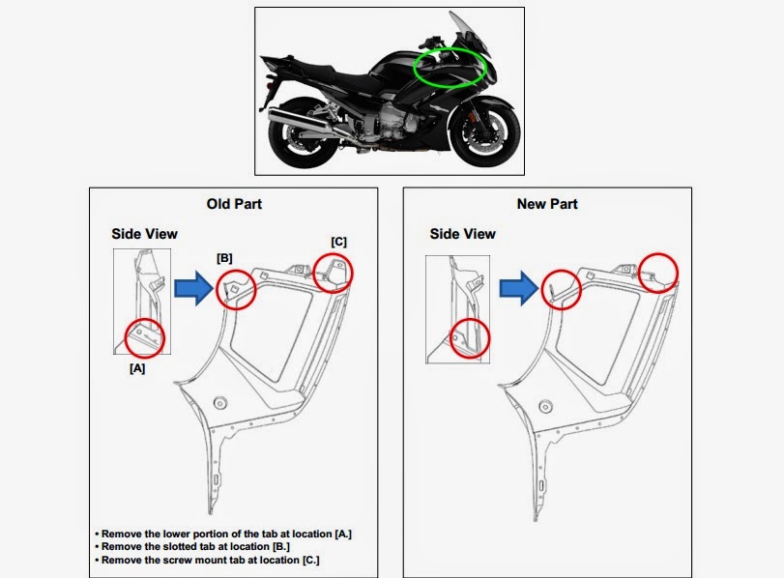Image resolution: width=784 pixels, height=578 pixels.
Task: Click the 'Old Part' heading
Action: (234, 204)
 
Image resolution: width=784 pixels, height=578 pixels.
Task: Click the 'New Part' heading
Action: (547, 204)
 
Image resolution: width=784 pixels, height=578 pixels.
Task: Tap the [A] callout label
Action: (137, 368)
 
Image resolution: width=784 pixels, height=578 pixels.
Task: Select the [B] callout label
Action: (224, 258)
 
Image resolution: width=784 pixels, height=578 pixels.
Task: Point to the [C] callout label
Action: (338, 242)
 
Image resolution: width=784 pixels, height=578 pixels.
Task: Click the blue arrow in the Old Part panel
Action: (194, 288)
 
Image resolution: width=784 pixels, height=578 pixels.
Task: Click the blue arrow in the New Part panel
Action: (519, 288)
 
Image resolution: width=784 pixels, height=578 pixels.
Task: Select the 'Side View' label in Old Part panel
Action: (144, 234)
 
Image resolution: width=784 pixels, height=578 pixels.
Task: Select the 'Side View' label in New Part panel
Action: (462, 234)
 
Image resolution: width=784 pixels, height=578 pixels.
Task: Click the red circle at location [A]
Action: (125, 338)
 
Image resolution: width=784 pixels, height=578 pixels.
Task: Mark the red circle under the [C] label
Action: (313, 273)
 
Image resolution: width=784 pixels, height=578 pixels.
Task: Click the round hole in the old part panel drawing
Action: (220, 402)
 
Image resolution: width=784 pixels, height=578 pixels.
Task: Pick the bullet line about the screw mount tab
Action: (207, 560)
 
